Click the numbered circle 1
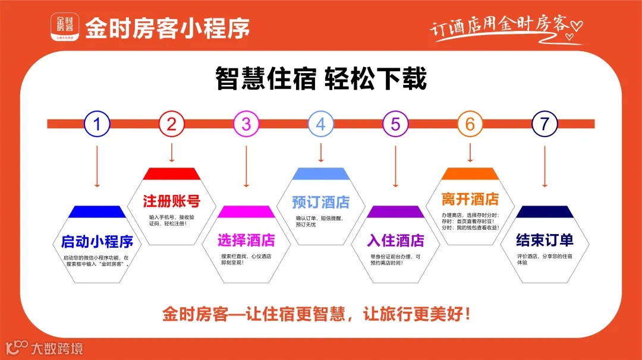pos(97,124)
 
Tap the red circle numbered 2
pos(172,124)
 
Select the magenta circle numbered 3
pos(246,124)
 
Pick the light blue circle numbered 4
pos(321,124)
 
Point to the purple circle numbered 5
pos(395,124)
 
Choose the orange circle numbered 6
pos(470,124)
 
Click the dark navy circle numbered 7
pos(545,124)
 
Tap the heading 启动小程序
pos(97,241)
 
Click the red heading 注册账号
pos(172,201)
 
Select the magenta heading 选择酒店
pos(246,240)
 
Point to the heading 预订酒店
pos(321,202)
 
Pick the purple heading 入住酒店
pos(395,240)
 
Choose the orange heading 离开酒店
pos(470,198)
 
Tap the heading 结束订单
pos(545,240)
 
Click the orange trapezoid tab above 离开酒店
pos(470,173)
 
